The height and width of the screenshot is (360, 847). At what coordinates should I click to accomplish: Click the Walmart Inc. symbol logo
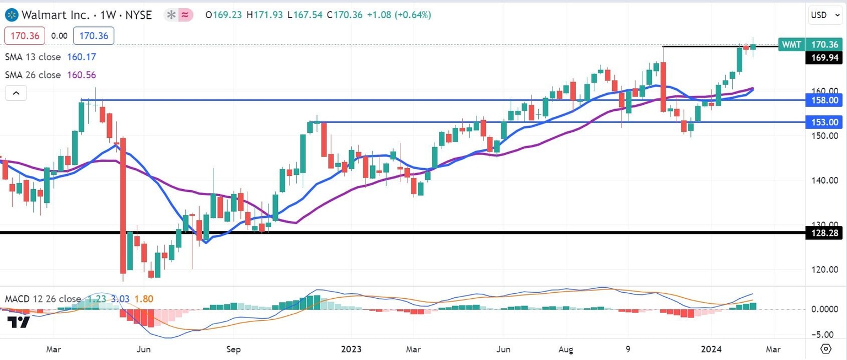pos(10,15)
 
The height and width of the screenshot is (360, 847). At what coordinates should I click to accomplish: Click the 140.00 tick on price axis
pos(825,180)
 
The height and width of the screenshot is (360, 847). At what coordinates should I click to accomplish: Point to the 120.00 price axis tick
pos(825,270)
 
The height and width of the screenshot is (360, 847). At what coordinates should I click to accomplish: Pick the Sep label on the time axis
pos(233,348)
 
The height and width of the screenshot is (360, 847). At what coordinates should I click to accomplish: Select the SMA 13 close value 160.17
pos(81,57)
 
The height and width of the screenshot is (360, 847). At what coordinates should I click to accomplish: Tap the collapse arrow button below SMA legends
pos(16,93)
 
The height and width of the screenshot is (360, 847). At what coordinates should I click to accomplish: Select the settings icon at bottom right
pos(825,348)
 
